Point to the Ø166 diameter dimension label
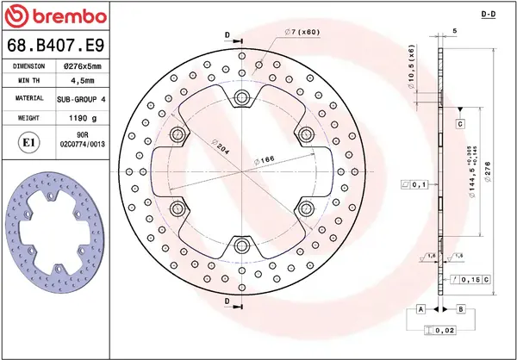[265, 160]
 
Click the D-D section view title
[487, 16]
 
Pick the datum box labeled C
[460, 125]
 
